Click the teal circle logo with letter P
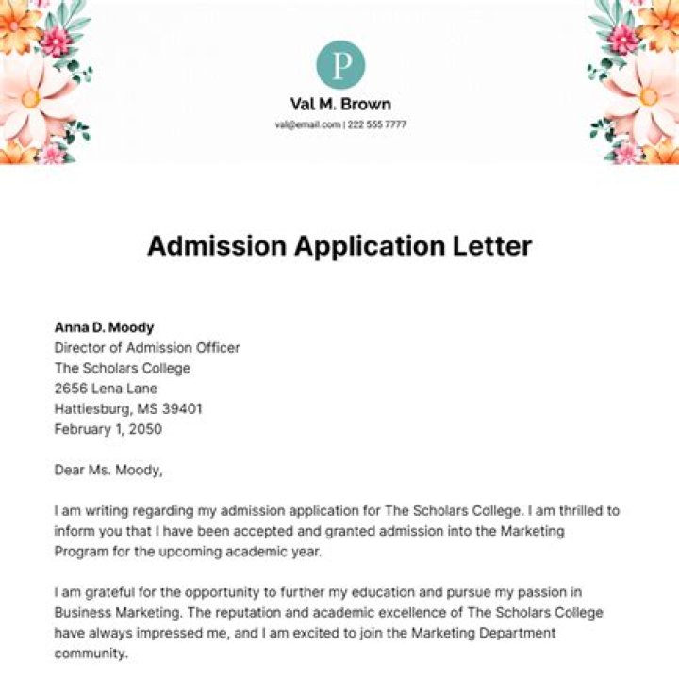coord(340,65)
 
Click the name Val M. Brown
coord(340,104)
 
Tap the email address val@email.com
coord(307,124)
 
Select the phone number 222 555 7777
coord(376,124)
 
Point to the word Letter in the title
coord(495,246)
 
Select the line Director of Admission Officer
coord(147,348)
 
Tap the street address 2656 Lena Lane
coord(106,389)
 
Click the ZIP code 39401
coord(181,409)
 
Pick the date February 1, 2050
coord(108,429)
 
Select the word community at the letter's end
coord(90,653)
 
